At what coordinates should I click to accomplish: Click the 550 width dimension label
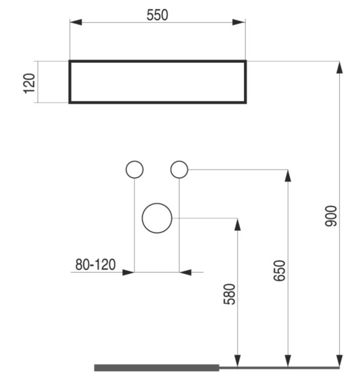coord(157,15)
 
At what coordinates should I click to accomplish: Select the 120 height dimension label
coord(29,83)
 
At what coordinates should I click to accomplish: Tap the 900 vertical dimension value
coord(331,216)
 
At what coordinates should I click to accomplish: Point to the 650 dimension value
coord(279,271)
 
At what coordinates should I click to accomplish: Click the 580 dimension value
coord(229,294)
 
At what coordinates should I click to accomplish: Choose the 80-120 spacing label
coord(95,265)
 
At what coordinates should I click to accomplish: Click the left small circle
coord(135,169)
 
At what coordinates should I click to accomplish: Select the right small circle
coord(179,169)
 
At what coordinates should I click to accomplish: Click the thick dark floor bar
coord(157,368)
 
